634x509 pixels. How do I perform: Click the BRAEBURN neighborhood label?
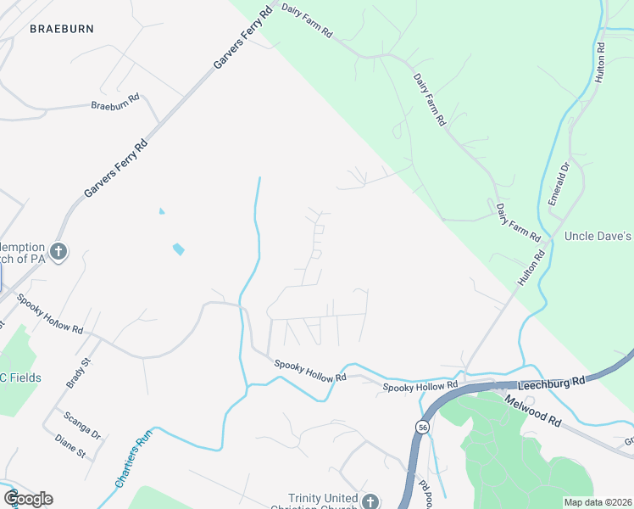[x=61, y=29]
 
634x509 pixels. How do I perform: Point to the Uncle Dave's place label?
[x=598, y=235]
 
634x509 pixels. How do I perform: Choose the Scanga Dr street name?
[x=83, y=425]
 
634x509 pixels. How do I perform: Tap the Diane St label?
[x=70, y=447]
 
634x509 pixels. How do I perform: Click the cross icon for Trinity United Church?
[x=370, y=502]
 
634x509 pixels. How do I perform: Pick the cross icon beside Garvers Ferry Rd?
[x=58, y=251]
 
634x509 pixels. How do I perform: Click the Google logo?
[x=28, y=499]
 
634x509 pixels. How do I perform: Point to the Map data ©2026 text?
[x=598, y=502]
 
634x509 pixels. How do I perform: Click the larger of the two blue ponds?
[x=178, y=249]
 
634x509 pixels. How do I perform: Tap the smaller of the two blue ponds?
[x=161, y=210]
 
